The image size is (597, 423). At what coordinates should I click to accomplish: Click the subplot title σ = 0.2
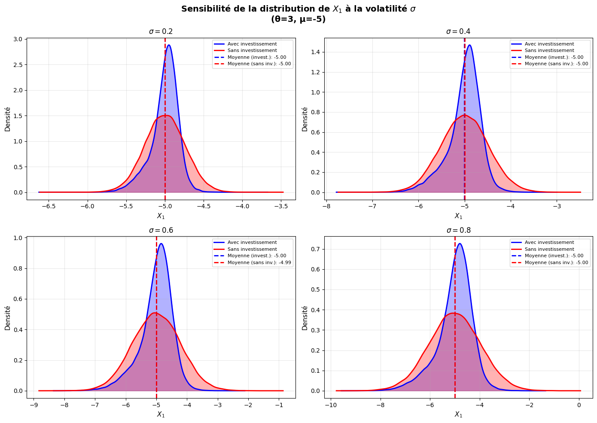click(x=161, y=31)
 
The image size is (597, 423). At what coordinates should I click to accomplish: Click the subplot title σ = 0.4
click(x=458, y=31)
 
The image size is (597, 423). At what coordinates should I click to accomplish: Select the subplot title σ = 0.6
click(x=161, y=230)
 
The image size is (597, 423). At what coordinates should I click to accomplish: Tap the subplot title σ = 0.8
click(x=458, y=230)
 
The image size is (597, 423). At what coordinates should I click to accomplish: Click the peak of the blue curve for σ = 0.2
click(x=169, y=45)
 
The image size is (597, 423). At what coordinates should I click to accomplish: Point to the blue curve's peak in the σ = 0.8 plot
click(x=460, y=244)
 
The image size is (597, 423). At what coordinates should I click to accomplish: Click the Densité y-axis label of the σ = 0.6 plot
click(x=8, y=318)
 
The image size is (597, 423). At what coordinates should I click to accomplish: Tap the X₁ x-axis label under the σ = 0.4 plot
click(x=458, y=216)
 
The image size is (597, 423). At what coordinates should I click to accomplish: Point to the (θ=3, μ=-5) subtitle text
click(x=298, y=19)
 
